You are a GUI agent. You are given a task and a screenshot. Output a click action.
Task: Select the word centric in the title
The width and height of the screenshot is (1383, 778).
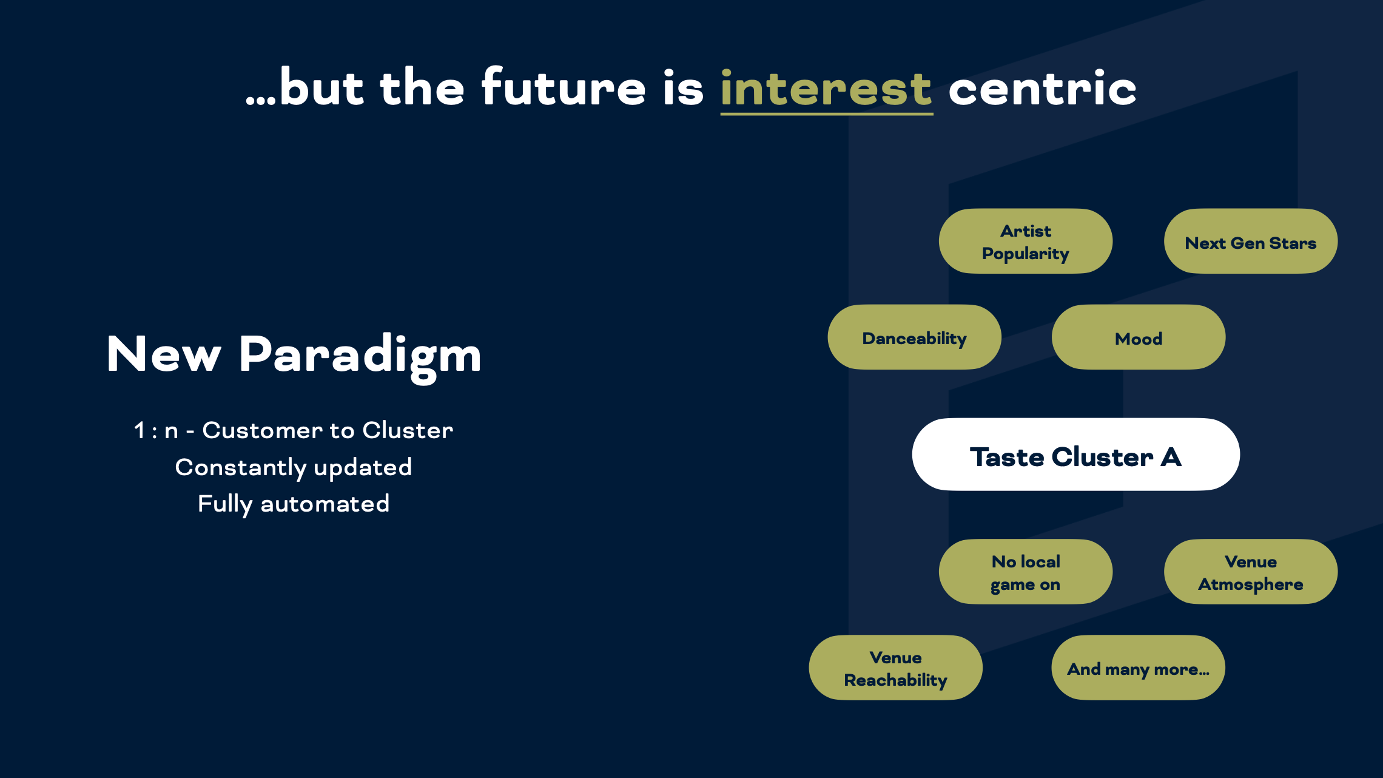pos(1042,88)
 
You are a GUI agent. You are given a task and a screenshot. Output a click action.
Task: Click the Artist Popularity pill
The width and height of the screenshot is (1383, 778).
pos(1026,242)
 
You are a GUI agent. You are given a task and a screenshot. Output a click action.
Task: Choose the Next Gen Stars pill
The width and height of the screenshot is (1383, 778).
pos(1251,242)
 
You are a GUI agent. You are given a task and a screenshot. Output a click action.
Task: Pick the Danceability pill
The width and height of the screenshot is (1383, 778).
pos(915,337)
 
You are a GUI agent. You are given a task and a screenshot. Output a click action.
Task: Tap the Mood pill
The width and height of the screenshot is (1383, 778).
pos(1139,337)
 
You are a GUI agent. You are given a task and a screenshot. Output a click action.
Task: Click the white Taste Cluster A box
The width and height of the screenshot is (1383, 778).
pos(1076,455)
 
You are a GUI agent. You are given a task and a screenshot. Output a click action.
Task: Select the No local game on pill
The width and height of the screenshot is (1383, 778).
pos(1026,572)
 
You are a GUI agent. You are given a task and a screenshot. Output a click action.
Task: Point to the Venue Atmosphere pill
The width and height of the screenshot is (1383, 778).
pos(1251,572)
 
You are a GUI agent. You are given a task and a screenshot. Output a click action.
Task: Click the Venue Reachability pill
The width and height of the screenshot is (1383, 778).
pos(896,668)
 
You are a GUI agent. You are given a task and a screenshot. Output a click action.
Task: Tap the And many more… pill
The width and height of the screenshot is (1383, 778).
pos(1139,668)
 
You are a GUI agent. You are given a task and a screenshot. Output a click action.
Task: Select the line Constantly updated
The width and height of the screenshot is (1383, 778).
pos(294,468)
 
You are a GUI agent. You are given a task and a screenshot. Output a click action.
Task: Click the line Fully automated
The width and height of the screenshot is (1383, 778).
pos(294,504)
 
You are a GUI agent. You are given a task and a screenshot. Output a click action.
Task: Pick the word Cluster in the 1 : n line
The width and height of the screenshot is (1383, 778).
pos(408,430)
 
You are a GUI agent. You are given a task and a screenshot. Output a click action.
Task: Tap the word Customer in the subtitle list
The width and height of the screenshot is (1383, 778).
pos(262,430)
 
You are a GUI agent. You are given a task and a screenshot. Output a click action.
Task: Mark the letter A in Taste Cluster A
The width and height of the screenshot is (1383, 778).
pos(1171,458)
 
